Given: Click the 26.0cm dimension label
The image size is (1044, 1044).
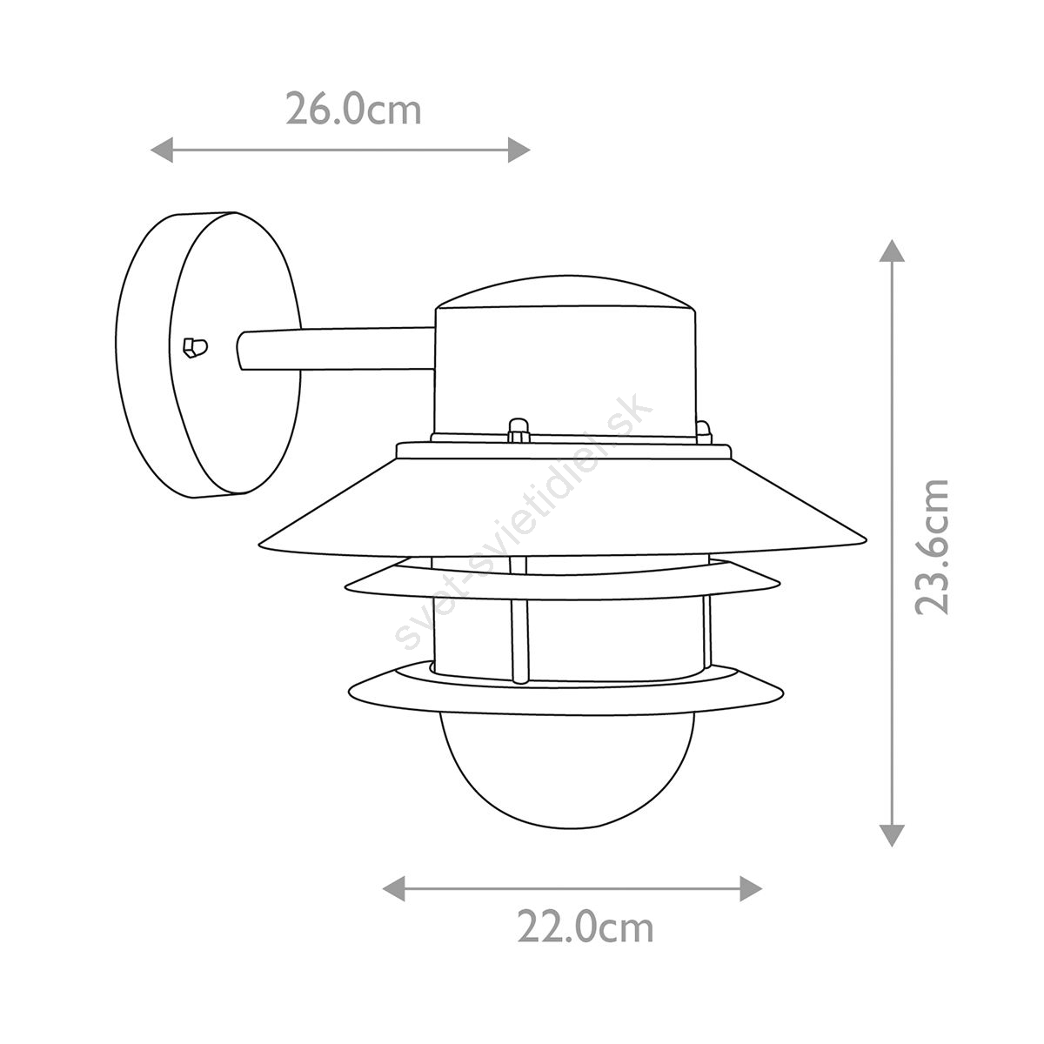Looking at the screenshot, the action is (353, 110).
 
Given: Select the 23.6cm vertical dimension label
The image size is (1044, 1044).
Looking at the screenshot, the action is (932, 548).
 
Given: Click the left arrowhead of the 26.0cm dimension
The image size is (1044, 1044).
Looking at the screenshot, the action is (161, 150).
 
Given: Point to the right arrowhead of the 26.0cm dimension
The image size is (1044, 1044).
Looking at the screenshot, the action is (519, 150).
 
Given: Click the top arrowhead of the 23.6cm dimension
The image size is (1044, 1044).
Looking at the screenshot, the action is (892, 251).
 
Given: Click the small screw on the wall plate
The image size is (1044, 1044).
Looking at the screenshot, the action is (195, 348).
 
